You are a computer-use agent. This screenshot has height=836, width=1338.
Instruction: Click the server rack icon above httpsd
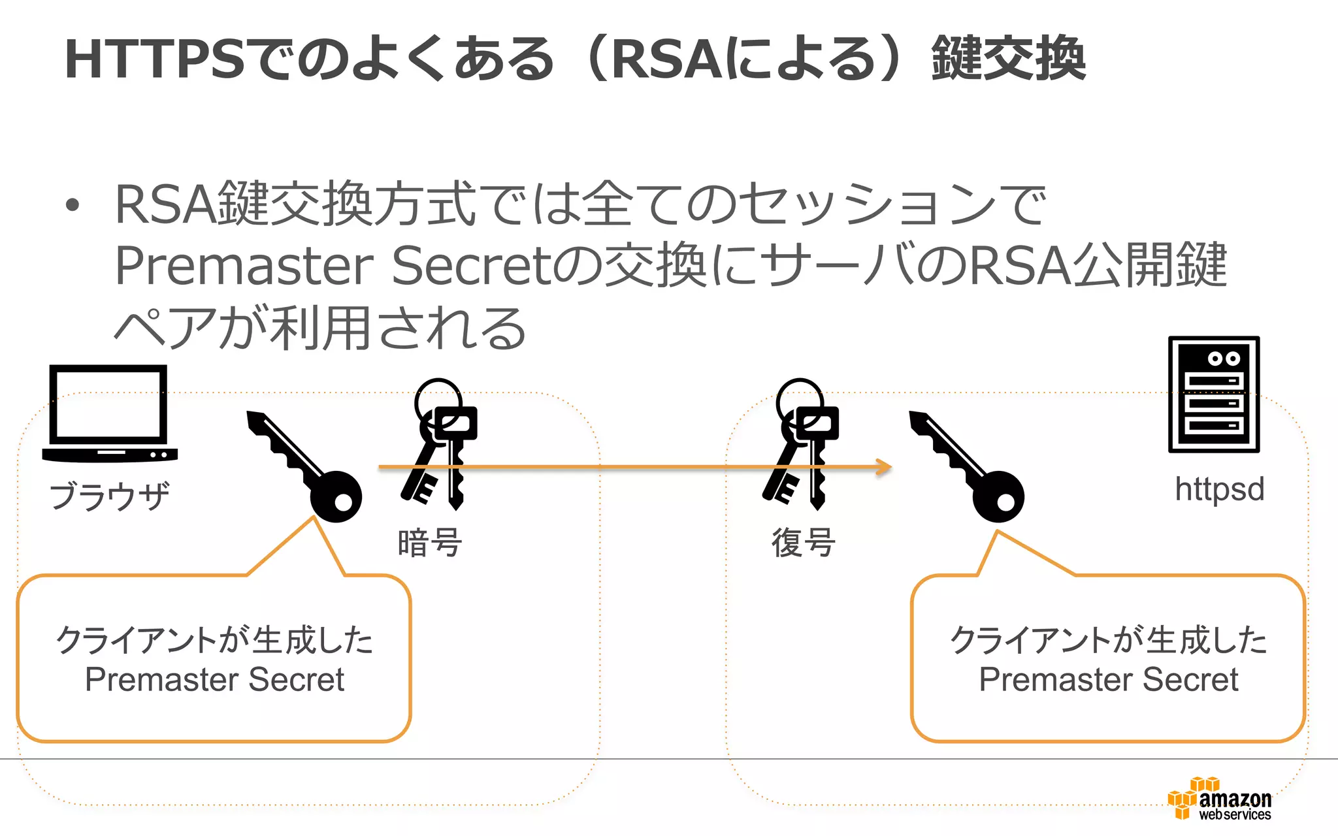pos(1213,394)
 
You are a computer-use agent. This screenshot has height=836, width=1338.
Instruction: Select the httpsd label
pos(1219,489)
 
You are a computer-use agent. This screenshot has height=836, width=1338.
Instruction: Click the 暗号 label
pos(429,543)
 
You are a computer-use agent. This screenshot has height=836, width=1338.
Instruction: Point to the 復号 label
pos(803,543)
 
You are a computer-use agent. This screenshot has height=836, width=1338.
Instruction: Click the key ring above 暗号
pos(439,444)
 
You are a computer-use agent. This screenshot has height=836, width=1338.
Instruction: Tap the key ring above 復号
pos(801,444)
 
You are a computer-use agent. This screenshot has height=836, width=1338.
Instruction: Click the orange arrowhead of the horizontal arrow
pos(885,466)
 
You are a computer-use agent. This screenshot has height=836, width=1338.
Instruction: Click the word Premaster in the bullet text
pos(244,266)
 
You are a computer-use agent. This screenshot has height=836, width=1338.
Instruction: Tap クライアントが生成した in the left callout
pos(214,639)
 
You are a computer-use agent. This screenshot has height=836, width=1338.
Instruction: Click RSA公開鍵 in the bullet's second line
pos(1098,266)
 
